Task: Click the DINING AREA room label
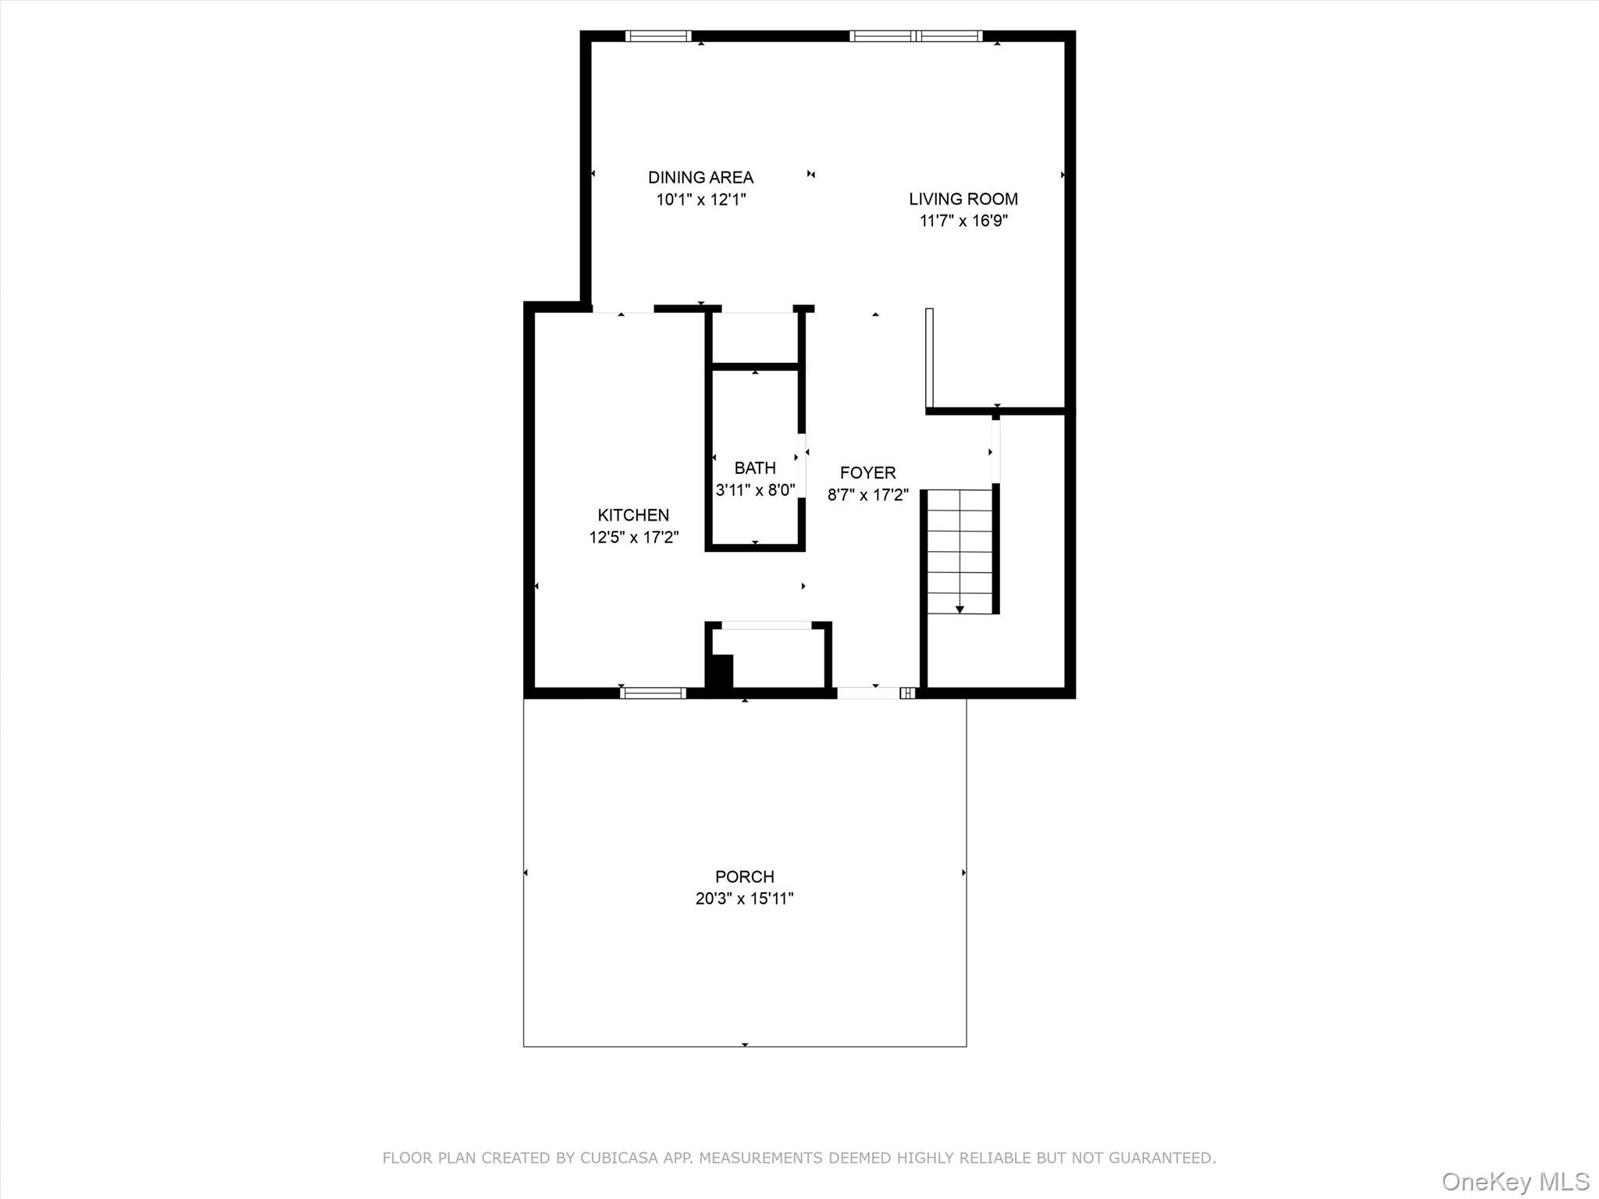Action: tap(700, 177)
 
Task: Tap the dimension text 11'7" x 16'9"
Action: tap(963, 221)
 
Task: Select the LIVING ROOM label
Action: tap(963, 199)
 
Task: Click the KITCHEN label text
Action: tap(633, 515)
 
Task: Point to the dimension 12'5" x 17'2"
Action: tap(633, 537)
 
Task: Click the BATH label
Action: tap(755, 468)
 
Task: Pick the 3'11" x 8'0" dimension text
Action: tap(755, 490)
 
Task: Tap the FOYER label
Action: tap(867, 473)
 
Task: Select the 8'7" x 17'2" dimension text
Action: tap(867, 495)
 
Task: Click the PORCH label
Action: tap(744, 877)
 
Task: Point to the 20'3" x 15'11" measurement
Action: tap(744, 898)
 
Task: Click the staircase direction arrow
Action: tap(960, 608)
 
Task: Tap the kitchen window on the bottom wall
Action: tap(653, 692)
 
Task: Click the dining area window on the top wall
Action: tap(658, 36)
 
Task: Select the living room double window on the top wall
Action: tap(916, 36)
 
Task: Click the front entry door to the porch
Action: tap(868, 692)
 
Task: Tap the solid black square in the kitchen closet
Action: tap(721, 671)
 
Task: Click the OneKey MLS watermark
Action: tap(1515, 1181)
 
